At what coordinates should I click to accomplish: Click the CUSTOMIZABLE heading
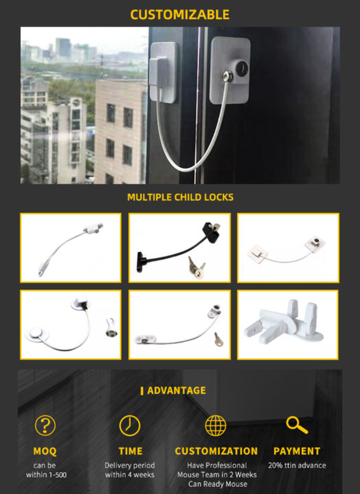[180, 14]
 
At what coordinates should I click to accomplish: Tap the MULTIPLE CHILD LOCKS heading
[180, 197]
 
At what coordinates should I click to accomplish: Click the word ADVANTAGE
[176, 391]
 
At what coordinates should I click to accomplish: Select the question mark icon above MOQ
[45, 425]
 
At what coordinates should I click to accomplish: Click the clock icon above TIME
[130, 425]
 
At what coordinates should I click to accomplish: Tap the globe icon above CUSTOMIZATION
[216, 425]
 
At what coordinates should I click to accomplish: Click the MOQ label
[45, 451]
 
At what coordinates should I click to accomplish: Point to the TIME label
[130, 451]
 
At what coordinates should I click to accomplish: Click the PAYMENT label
[297, 451]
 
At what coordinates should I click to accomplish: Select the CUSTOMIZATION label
[216, 451]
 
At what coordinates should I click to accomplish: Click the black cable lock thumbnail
[180, 248]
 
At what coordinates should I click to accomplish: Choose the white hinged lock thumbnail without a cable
[288, 325]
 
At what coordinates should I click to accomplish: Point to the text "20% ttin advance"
[297, 465]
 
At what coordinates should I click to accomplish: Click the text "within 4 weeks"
[130, 475]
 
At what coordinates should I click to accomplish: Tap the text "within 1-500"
[46, 475]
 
